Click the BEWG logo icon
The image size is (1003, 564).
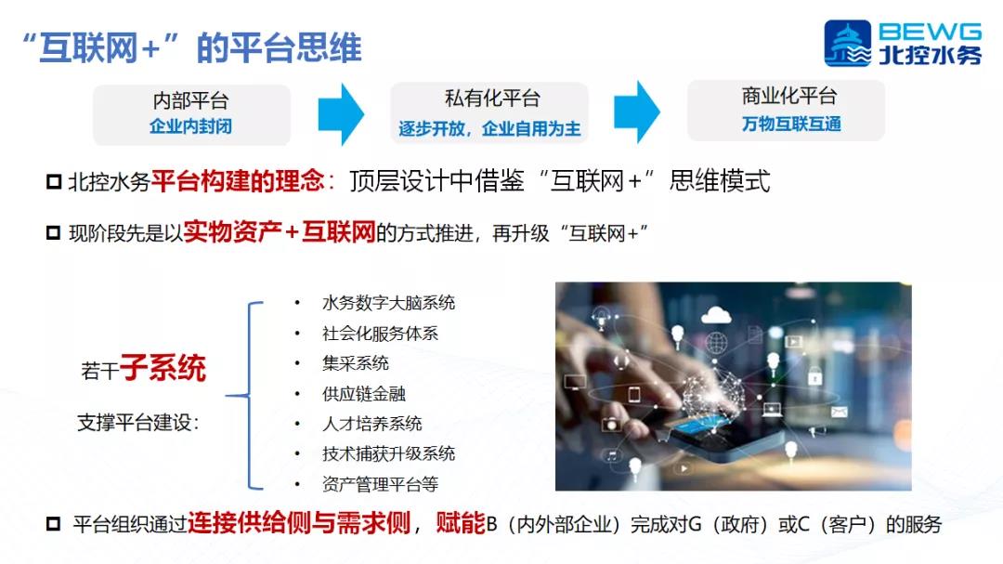pyautogui.click(x=847, y=43)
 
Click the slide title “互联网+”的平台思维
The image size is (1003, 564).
pyautogui.click(x=192, y=48)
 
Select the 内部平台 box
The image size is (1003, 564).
pyautogui.click(x=191, y=114)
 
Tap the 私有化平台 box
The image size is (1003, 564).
pyautogui.click(x=489, y=112)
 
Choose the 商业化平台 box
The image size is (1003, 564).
pyautogui.click(x=787, y=111)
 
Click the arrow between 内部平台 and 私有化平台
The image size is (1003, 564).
pyautogui.click(x=341, y=114)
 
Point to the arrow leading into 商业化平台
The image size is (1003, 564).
pyautogui.click(x=637, y=112)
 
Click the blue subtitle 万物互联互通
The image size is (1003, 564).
pyautogui.click(x=791, y=125)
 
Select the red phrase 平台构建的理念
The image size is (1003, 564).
pyautogui.click(x=238, y=181)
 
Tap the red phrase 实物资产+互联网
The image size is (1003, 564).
pyautogui.click(x=280, y=231)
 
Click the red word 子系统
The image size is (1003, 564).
pyautogui.click(x=163, y=368)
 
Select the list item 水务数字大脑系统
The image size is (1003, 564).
pyautogui.click(x=389, y=303)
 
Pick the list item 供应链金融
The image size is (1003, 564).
pyautogui.click(x=364, y=394)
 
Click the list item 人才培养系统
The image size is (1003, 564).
pyautogui.click(x=372, y=424)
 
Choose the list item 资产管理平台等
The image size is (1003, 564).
pyautogui.click(x=381, y=485)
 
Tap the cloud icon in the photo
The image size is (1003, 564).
pyautogui.click(x=716, y=315)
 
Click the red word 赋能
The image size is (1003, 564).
pyautogui.click(x=461, y=524)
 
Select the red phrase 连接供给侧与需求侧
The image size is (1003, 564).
pyautogui.click(x=299, y=524)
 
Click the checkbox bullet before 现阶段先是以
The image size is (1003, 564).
pyautogui.click(x=54, y=232)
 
